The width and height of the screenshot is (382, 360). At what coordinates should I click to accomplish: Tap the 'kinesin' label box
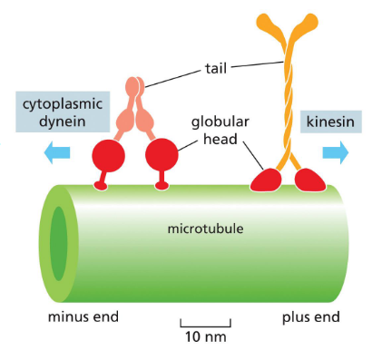(330, 122)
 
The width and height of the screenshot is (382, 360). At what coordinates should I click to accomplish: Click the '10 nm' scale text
(205, 337)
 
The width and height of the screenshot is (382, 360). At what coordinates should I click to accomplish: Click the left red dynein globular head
(107, 157)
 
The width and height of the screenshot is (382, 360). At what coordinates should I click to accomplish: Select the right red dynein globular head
(162, 156)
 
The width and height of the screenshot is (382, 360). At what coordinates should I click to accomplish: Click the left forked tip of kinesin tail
(264, 22)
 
